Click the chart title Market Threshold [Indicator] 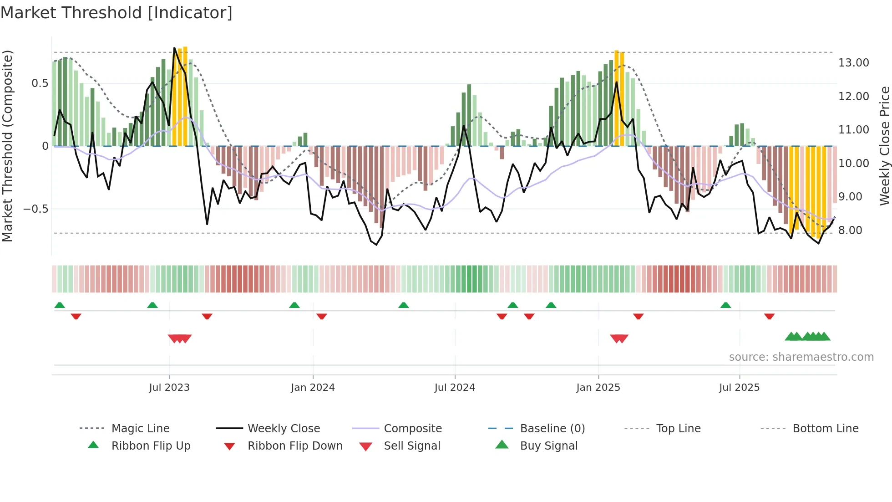[117, 13]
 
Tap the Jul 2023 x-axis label [169, 388]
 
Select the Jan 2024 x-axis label [313, 388]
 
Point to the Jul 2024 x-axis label [455, 388]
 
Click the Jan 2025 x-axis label [598, 388]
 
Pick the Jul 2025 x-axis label [740, 388]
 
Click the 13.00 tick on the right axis [854, 63]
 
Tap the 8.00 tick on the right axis [850, 231]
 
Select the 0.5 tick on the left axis [40, 83]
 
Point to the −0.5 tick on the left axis [36, 209]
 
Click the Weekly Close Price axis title [884, 146]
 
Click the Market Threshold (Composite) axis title [7, 146]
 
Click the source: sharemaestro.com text [801, 357]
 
